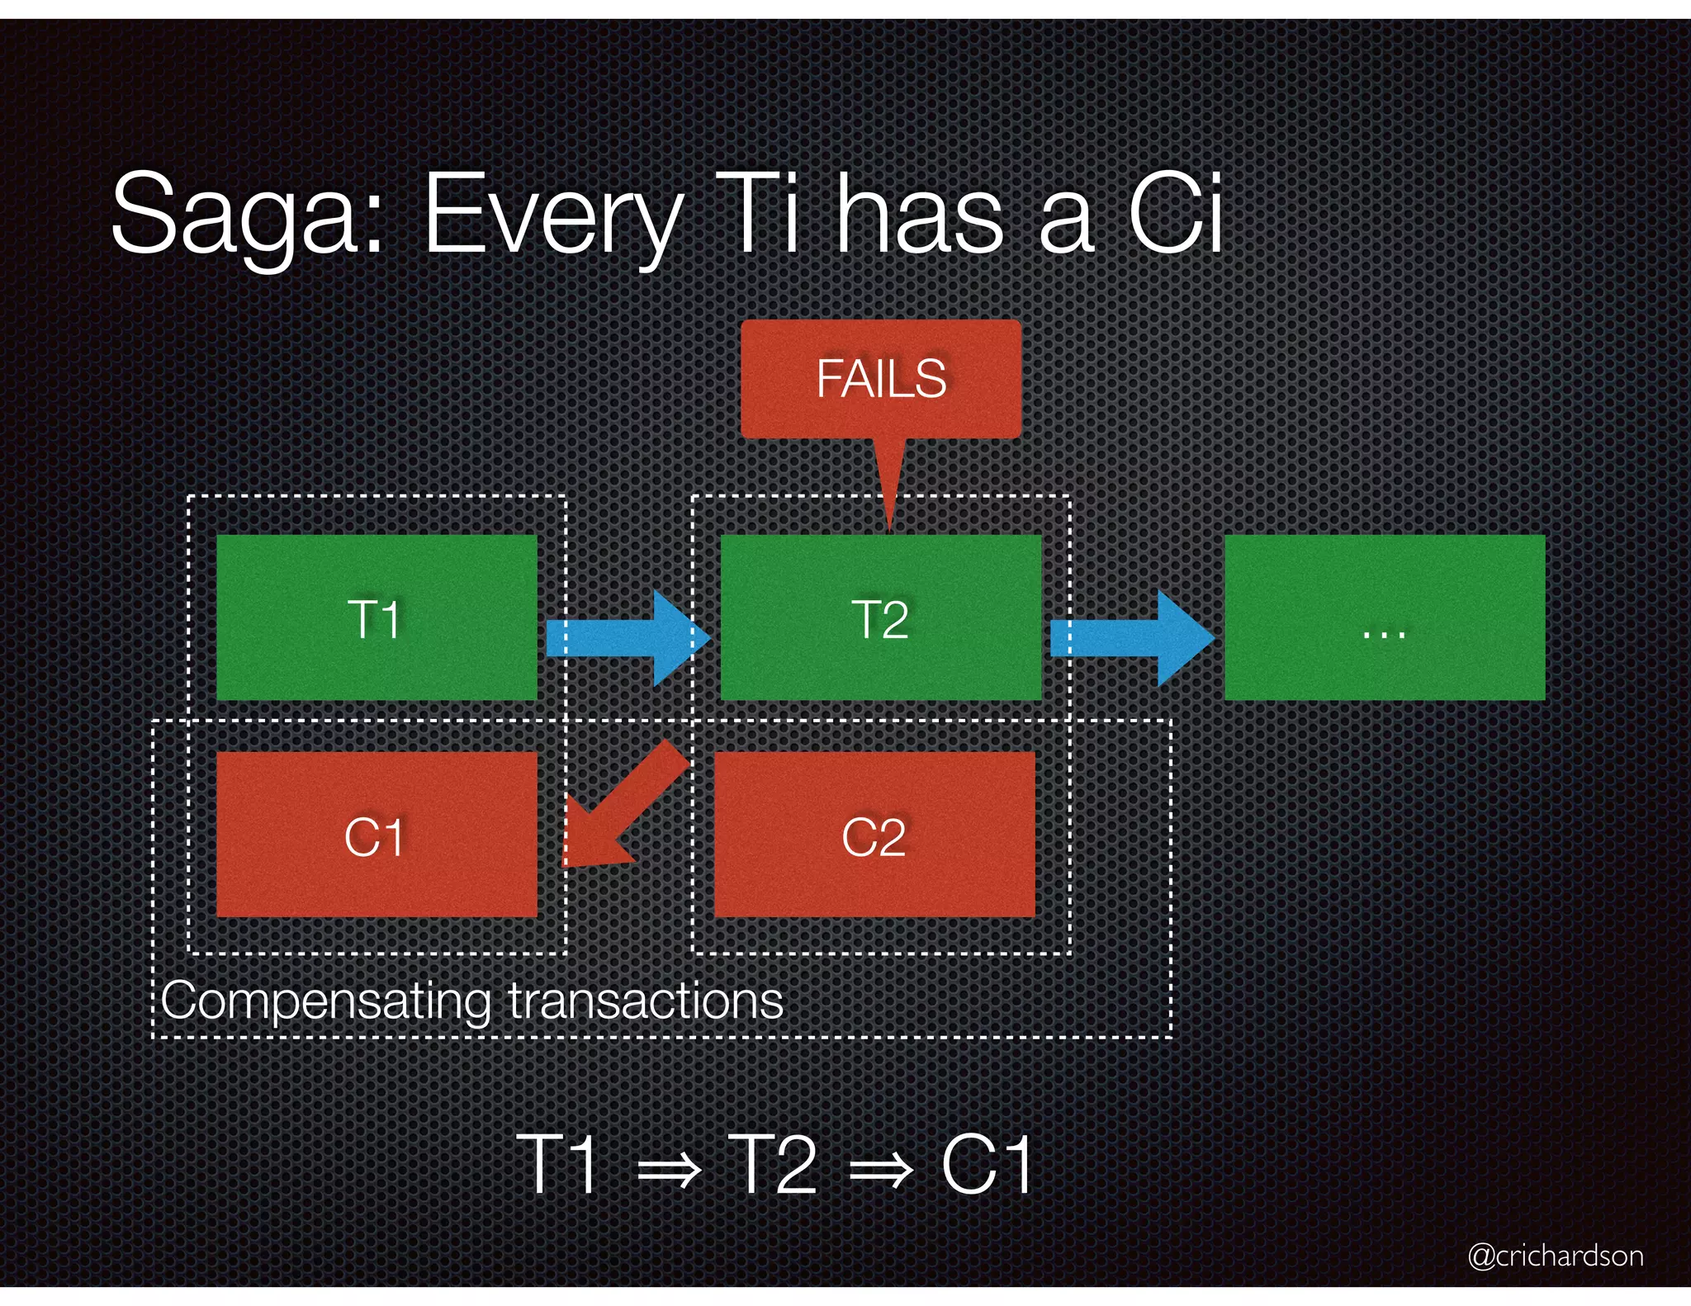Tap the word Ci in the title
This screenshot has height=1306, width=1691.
click(1174, 213)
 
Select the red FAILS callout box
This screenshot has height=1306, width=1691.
click(880, 379)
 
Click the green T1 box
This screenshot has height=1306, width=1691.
click(377, 618)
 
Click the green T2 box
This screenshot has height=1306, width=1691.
click(880, 618)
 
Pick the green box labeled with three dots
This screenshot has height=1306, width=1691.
click(1384, 618)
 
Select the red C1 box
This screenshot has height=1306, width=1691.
click(377, 834)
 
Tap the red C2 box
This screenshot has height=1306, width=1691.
click(874, 834)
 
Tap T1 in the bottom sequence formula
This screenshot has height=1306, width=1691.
click(558, 1164)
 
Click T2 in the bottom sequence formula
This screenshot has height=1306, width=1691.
click(772, 1164)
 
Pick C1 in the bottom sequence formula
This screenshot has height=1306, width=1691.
click(987, 1164)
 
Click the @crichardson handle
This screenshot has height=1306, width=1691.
click(1555, 1256)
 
